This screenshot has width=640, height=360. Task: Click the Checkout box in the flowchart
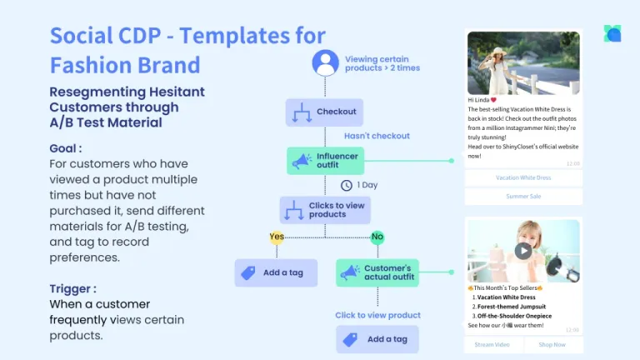click(324, 112)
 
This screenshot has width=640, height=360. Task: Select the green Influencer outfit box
click(326, 161)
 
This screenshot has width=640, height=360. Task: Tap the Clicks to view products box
click(324, 209)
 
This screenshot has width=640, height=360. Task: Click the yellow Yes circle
click(277, 236)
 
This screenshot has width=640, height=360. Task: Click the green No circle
click(377, 236)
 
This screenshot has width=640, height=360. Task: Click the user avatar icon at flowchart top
click(325, 62)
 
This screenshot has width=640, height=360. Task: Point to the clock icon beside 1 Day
click(347, 185)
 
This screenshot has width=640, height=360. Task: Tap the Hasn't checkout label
click(377, 136)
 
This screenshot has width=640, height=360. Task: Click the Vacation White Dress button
click(523, 177)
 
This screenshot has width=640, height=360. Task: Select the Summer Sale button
click(523, 197)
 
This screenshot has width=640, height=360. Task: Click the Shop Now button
click(552, 344)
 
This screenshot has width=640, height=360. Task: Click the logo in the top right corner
click(612, 33)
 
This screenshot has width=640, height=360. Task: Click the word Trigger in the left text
click(72, 288)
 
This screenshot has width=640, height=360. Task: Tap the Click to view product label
click(377, 315)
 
